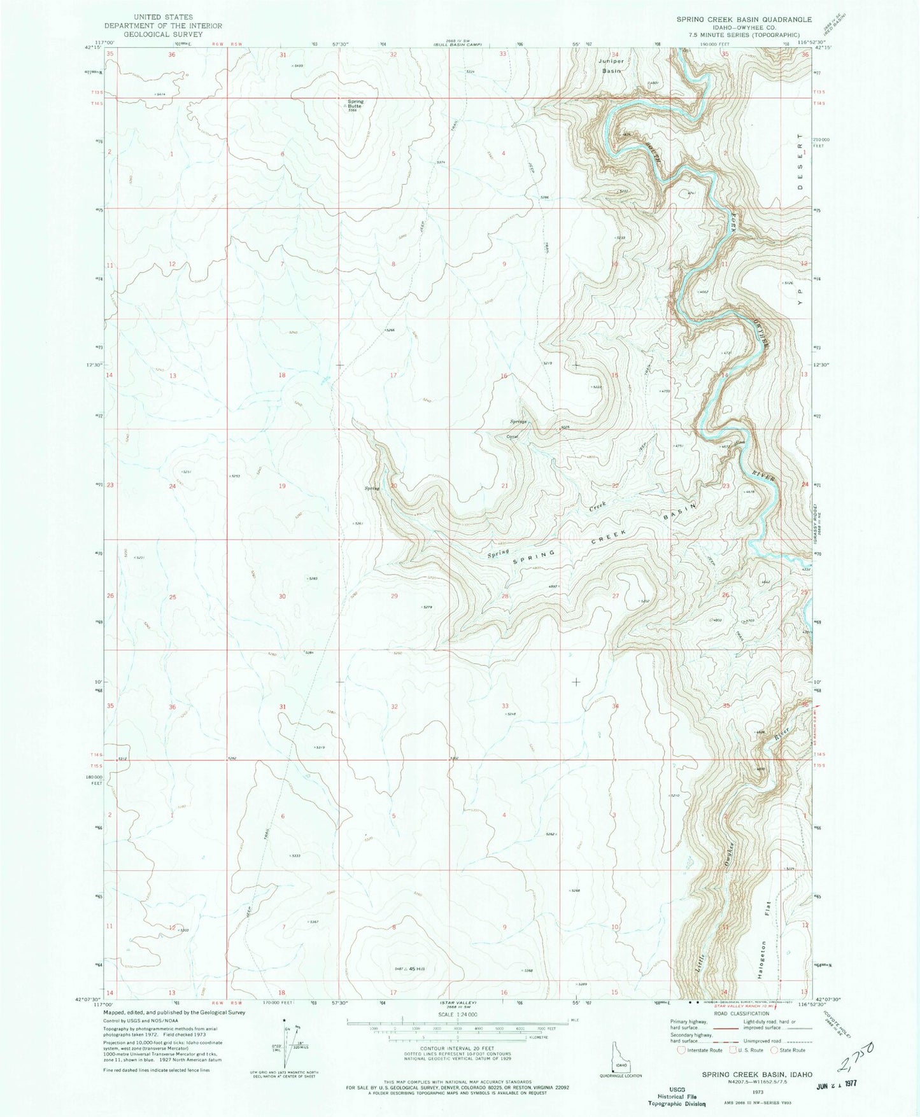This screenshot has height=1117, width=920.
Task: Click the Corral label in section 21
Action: coord(513,437)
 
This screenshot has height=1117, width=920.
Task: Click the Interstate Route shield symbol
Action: coord(681,1050)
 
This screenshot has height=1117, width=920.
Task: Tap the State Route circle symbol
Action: coord(775,1050)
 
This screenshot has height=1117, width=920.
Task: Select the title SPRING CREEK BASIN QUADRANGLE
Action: coord(735,20)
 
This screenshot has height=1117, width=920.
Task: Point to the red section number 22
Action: coord(615,486)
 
